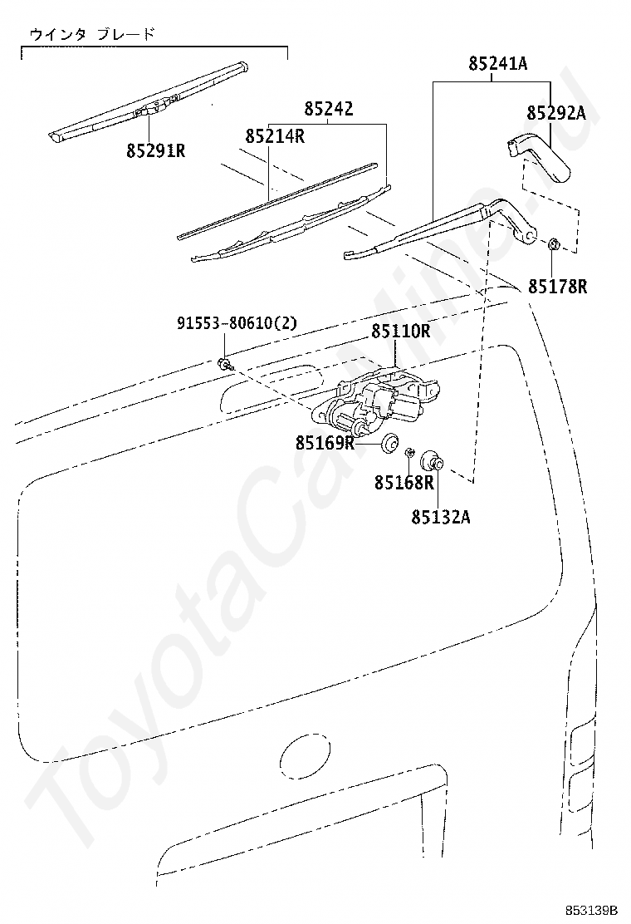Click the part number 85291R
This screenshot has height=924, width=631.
[155, 151]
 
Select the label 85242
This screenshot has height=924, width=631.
[328, 109]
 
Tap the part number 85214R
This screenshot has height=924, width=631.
[274, 136]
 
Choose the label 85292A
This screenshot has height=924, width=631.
[556, 113]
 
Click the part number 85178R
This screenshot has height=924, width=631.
[558, 288]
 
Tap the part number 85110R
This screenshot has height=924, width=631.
[400, 332]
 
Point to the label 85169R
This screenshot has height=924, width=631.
[325, 443]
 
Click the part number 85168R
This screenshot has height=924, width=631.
[404, 483]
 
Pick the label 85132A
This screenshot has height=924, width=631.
[440, 517]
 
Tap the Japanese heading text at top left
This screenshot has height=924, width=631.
[91, 34]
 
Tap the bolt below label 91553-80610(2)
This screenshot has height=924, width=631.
[224, 363]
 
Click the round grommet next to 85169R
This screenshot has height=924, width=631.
[389, 442]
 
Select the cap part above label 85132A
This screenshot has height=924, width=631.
[432, 461]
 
